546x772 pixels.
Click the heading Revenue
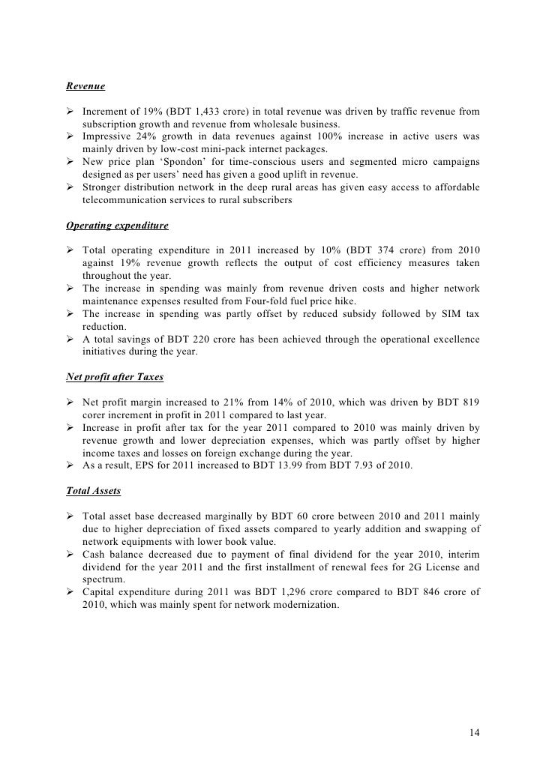point(85,87)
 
